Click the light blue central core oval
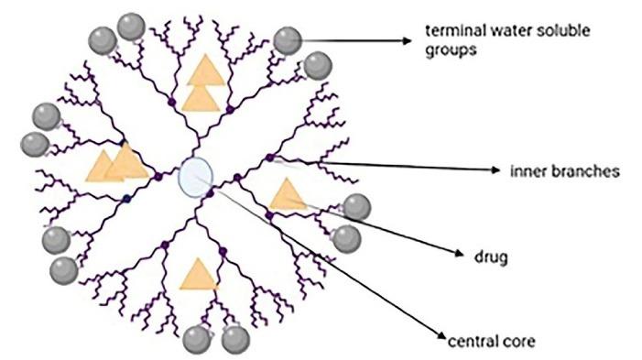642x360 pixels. [x=197, y=175]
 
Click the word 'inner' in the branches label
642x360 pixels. [x=525, y=171]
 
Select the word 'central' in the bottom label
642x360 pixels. [x=466, y=343]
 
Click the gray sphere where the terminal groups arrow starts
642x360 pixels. [x=289, y=39]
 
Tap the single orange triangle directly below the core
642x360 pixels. [x=197, y=274]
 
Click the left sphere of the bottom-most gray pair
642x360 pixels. [x=197, y=339]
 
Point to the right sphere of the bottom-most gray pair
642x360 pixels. [x=234, y=339]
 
